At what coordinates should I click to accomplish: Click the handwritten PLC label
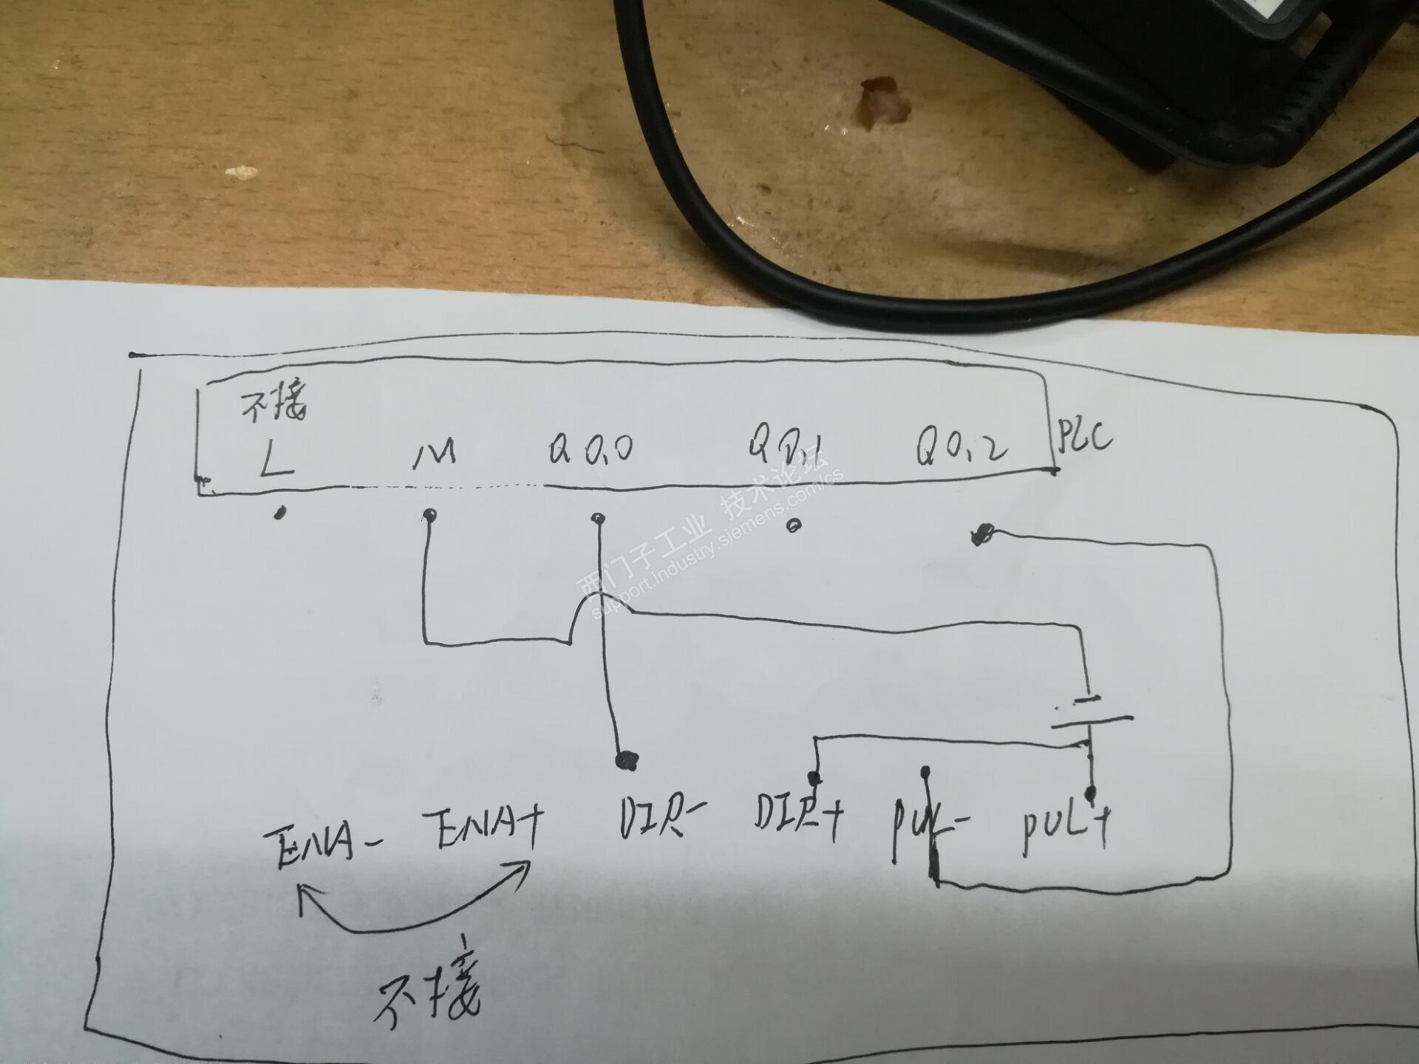(1084, 437)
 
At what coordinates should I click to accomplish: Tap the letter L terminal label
(276, 457)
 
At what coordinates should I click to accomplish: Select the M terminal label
(435, 454)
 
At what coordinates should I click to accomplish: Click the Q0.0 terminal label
(591, 449)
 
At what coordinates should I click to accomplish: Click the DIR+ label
(798, 818)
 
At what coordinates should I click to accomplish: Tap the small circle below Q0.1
(794, 527)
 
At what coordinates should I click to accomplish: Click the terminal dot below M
(429, 514)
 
